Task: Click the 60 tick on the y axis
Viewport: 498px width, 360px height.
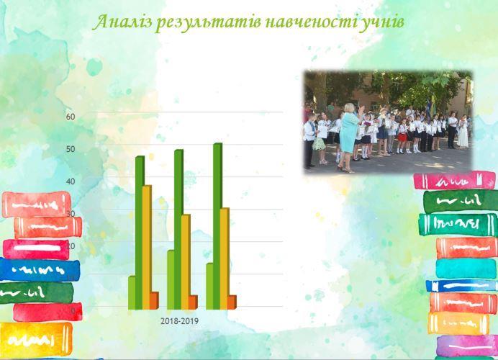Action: (71, 117)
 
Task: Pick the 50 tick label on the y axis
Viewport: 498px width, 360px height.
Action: (71, 149)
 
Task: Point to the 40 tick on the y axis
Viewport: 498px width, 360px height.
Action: (71, 181)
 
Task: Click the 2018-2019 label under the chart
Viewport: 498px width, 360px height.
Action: (179, 321)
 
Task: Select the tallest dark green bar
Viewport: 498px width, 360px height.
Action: (217, 226)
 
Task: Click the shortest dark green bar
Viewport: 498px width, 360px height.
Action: (140, 233)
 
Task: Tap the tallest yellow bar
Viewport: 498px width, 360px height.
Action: (147, 247)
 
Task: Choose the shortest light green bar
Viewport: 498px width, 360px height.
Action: (132, 292)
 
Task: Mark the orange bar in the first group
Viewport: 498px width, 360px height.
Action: (154, 300)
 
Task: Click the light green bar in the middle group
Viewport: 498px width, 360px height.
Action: (171, 279)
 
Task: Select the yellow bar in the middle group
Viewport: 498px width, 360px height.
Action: (186, 262)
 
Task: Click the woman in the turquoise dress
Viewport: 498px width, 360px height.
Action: (349, 137)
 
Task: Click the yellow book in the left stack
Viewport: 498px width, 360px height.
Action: (35, 338)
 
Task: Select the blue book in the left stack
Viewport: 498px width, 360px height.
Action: (40, 270)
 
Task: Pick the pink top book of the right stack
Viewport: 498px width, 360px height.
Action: (454, 181)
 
